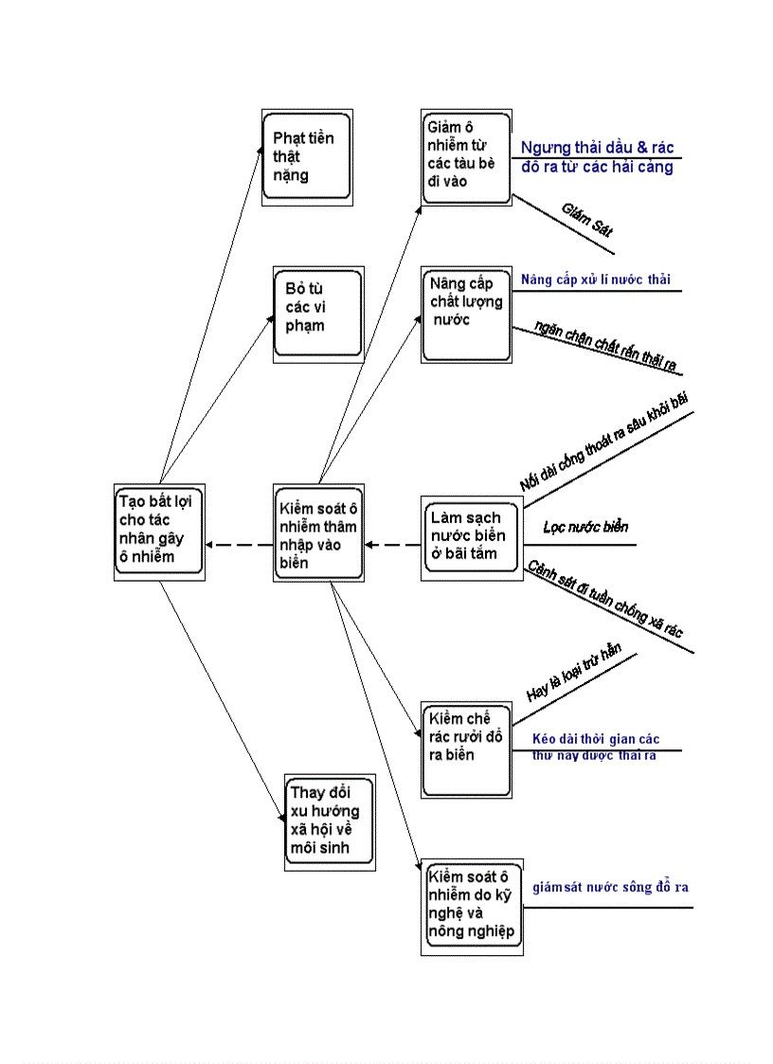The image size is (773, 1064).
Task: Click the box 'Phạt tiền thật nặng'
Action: pyautogui.click(x=307, y=157)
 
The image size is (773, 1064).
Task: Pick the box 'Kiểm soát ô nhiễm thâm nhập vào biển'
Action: pyautogui.click(x=320, y=534)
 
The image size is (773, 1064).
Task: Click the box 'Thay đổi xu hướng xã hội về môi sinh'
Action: pyautogui.click(x=330, y=821)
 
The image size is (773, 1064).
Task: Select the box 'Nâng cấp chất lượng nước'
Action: pyautogui.click(x=466, y=315)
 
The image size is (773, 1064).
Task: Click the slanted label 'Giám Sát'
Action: pyautogui.click(x=587, y=219)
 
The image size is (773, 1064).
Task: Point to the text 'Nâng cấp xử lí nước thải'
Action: pyautogui.click(x=596, y=280)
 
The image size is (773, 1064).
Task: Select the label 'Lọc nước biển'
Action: pyautogui.click(x=585, y=527)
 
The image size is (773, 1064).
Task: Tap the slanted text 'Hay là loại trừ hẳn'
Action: pyautogui.click(x=573, y=673)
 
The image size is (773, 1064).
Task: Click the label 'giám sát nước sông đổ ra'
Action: pyautogui.click(x=610, y=888)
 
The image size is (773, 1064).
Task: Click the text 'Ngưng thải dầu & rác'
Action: pyautogui.click(x=597, y=148)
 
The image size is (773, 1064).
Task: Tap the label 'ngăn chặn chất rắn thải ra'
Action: pyautogui.click(x=606, y=348)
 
